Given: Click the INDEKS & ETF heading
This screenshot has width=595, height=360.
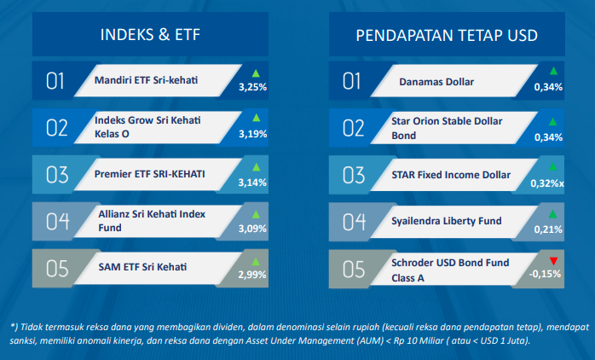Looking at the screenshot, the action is tap(150, 35).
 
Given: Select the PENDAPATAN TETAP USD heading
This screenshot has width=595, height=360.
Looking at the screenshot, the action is tap(447, 35).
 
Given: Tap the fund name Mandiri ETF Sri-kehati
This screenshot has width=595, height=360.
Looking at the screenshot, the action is tap(146, 80).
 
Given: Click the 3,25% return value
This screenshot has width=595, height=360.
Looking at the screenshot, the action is tap(252, 87).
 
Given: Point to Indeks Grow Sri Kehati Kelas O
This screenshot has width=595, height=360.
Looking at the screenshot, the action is tap(147, 127).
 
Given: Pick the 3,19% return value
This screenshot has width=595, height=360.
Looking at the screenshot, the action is tap(252, 134).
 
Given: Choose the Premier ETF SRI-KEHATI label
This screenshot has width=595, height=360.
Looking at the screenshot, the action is tap(149, 174).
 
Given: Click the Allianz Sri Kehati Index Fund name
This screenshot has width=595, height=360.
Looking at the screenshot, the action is tap(152, 221).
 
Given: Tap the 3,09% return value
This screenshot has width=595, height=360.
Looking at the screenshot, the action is tap(252, 229).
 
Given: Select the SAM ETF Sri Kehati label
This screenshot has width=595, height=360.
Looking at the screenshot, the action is tap(142, 267).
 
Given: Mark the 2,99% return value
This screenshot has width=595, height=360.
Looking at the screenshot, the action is tap(252, 275).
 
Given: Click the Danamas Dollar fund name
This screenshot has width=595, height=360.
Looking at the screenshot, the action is tap(436, 82).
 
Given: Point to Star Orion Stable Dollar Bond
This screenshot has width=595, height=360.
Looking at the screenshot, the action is tap(447, 128).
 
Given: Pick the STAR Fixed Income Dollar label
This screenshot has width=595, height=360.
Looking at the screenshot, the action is tap(451, 175).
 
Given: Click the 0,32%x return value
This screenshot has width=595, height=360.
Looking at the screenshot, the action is tap(547, 183).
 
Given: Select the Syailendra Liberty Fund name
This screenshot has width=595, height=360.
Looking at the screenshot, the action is tap(447, 221).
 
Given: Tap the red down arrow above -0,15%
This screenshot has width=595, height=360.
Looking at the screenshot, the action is tap(553, 261).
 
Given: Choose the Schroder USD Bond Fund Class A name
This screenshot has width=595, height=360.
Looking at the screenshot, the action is tap(450, 270).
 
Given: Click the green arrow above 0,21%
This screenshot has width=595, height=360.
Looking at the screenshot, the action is tap(553, 214).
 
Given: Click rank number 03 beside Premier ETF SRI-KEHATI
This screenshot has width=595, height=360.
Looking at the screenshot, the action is tap(57, 175).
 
